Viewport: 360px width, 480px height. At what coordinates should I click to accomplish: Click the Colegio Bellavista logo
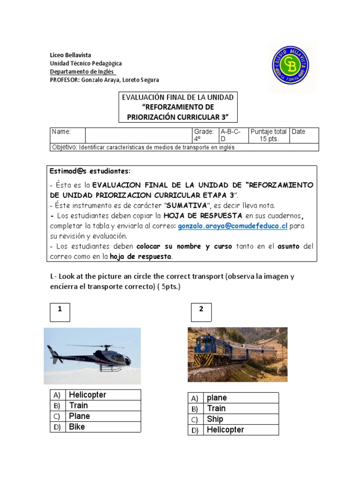coord(290,66)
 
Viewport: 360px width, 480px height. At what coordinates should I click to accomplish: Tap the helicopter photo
coord(92,356)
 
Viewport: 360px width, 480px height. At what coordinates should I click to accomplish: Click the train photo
coord(238,354)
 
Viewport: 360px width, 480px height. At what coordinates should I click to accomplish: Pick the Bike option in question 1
coord(77,427)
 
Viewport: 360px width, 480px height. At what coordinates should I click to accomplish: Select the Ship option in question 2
coord(215,419)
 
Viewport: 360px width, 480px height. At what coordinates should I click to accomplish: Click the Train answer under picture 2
coord(217,408)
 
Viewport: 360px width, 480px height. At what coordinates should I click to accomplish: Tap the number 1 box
coord(60,312)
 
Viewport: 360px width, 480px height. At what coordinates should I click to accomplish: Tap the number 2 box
coord(202,312)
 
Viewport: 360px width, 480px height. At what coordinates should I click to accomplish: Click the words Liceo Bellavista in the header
coord(71,55)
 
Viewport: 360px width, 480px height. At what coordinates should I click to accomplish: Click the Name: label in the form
coord(61,132)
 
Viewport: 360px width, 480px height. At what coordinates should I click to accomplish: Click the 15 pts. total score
coord(270,139)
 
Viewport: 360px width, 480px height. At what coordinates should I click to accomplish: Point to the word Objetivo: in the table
coord(64,147)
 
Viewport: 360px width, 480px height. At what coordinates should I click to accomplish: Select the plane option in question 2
coord(217,397)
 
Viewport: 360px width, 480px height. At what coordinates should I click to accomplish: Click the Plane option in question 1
coord(80,416)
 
